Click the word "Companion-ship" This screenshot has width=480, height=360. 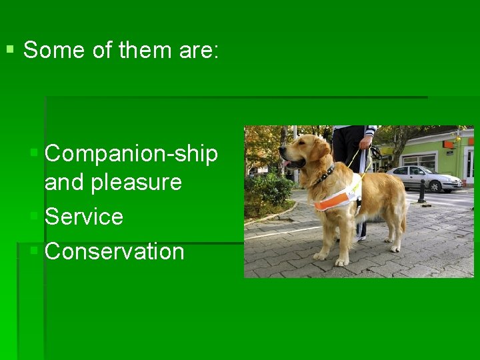click(x=131, y=154)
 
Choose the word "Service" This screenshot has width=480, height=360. click(x=84, y=217)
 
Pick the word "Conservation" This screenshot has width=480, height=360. click(x=114, y=251)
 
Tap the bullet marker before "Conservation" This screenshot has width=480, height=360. click(x=35, y=251)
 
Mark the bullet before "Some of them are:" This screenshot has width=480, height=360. click(x=9, y=49)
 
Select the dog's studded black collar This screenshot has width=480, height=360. click(x=325, y=175)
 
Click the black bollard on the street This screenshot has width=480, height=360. click(x=421, y=191)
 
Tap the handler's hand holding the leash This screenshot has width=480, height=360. click(x=365, y=142)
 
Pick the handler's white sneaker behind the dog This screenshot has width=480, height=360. click(x=361, y=237)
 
